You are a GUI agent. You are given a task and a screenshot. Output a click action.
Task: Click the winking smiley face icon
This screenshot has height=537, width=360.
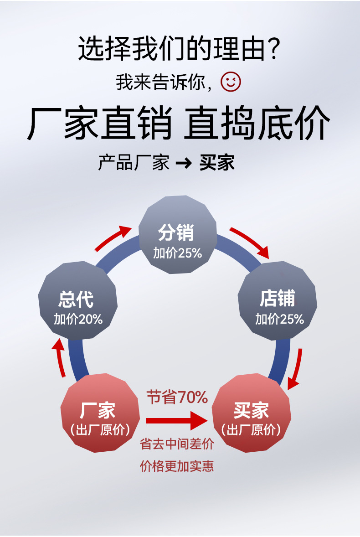(231, 82)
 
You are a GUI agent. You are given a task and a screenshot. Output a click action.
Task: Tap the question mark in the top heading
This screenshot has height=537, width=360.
(273, 50)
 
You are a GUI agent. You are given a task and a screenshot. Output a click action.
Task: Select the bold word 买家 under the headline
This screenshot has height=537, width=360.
(217, 163)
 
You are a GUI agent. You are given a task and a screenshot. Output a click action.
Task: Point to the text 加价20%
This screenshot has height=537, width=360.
(78, 319)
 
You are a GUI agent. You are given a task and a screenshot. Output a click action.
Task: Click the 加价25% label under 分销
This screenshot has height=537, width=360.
(177, 253)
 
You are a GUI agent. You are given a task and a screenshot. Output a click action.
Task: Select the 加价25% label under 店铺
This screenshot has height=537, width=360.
(279, 319)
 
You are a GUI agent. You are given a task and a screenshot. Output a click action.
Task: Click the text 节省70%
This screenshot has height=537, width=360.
(177, 398)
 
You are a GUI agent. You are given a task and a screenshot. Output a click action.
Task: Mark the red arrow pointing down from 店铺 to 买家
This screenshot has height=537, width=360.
(296, 368)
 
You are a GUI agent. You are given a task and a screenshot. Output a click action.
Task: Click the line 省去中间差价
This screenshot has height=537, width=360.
(177, 444)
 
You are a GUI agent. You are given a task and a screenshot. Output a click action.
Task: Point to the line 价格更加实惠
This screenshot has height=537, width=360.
(177, 466)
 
